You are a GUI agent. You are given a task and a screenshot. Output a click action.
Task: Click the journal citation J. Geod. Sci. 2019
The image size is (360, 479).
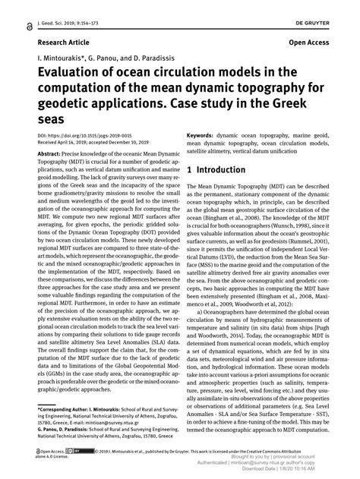65,7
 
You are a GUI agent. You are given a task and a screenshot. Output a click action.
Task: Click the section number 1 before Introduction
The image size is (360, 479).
189,190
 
